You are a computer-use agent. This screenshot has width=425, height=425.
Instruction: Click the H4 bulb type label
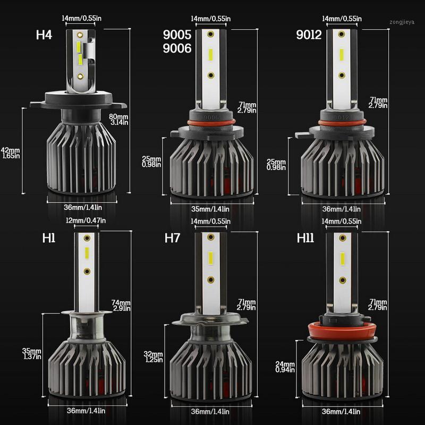[x=45, y=36]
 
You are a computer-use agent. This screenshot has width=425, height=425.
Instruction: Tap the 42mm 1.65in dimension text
[x=10, y=153]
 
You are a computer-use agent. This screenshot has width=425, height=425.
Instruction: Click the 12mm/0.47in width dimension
[x=85, y=221]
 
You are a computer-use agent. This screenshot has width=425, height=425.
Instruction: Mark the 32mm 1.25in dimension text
[x=153, y=356]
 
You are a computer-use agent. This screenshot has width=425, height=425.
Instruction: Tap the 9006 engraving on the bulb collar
[x=210, y=114]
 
